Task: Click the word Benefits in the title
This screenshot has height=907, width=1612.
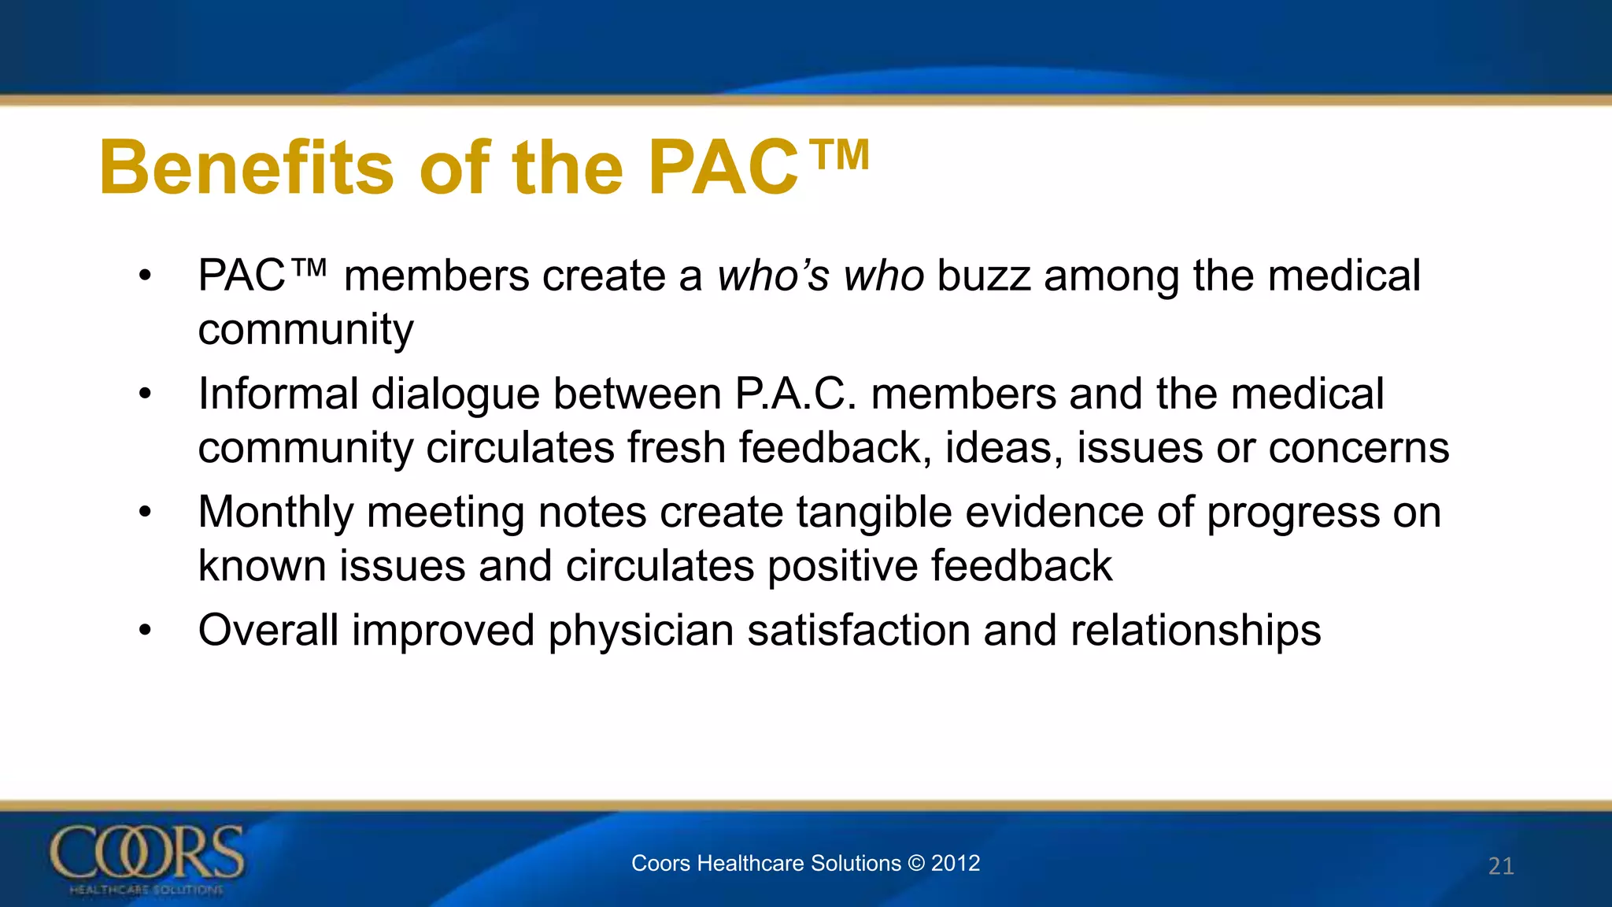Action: click(246, 168)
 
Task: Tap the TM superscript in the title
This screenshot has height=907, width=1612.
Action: click(840, 154)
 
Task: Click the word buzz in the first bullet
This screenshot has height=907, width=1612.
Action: click(983, 276)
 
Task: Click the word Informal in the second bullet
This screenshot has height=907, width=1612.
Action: click(278, 394)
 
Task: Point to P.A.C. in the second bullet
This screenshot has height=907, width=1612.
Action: click(795, 394)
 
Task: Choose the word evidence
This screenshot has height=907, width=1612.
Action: click(1054, 512)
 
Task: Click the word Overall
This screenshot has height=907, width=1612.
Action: click(268, 631)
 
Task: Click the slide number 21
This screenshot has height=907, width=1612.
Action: click(1500, 866)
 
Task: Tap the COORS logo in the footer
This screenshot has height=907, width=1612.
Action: click(147, 858)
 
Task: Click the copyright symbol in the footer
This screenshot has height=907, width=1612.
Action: click(915, 863)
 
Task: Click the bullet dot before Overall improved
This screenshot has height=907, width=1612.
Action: click(144, 631)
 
